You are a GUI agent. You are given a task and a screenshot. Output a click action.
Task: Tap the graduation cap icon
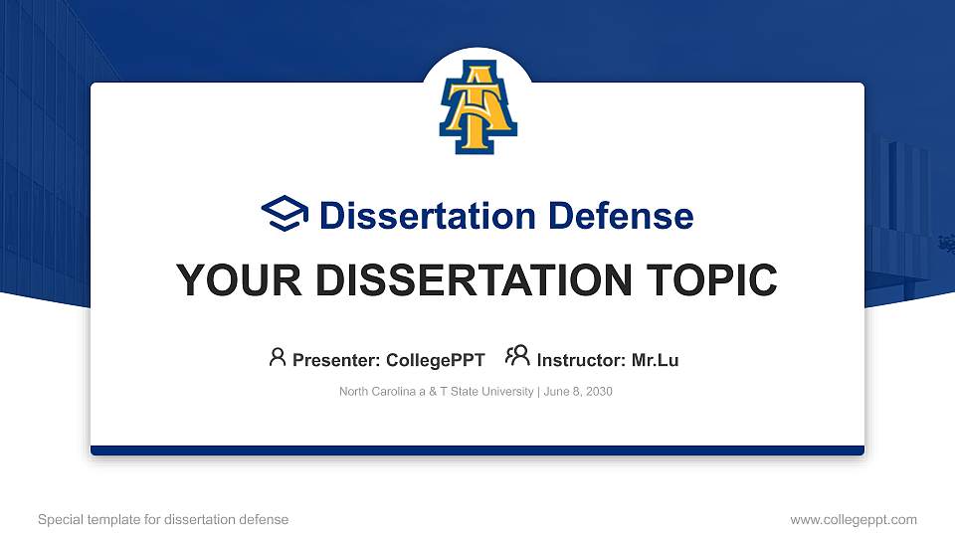click(285, 215)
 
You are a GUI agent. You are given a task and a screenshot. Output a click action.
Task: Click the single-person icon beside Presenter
click(278, 357)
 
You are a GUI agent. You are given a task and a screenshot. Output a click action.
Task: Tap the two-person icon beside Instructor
click(517, 357)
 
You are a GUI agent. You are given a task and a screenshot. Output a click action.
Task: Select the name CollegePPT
click(435, 360)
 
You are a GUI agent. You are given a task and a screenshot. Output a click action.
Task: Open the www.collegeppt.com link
click(853, 519)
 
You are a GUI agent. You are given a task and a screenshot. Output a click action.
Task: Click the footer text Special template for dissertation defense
click(163, 519)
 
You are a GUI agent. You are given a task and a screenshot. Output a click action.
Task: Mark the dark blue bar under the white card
click(477, 450)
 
